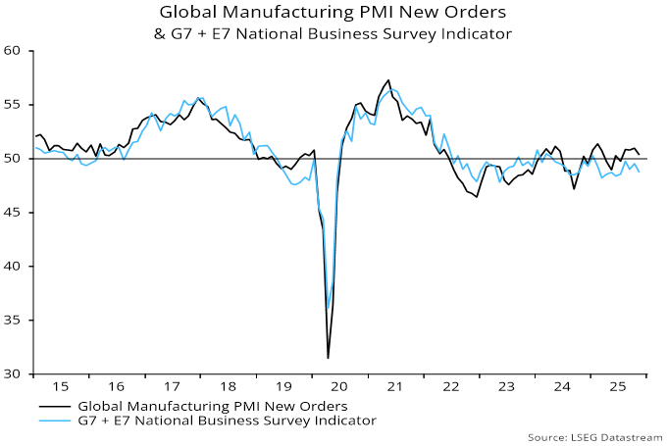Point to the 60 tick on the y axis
13,51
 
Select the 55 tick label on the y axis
13,105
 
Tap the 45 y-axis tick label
13,213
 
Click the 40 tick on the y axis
13,267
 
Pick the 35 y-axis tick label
13,321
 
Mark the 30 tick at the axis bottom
13,374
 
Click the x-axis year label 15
62,387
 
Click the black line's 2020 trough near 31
328,358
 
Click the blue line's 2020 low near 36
328,309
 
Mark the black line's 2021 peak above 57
388,80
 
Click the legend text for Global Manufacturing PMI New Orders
212,406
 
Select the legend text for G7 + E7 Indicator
227,421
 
